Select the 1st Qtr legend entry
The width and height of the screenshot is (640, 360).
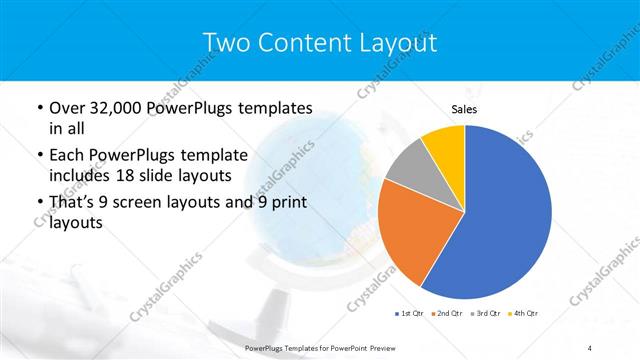pyautogui.click(x=409, y=314)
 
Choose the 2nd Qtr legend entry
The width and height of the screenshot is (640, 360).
pyautogui.click(x=446, y=314)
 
